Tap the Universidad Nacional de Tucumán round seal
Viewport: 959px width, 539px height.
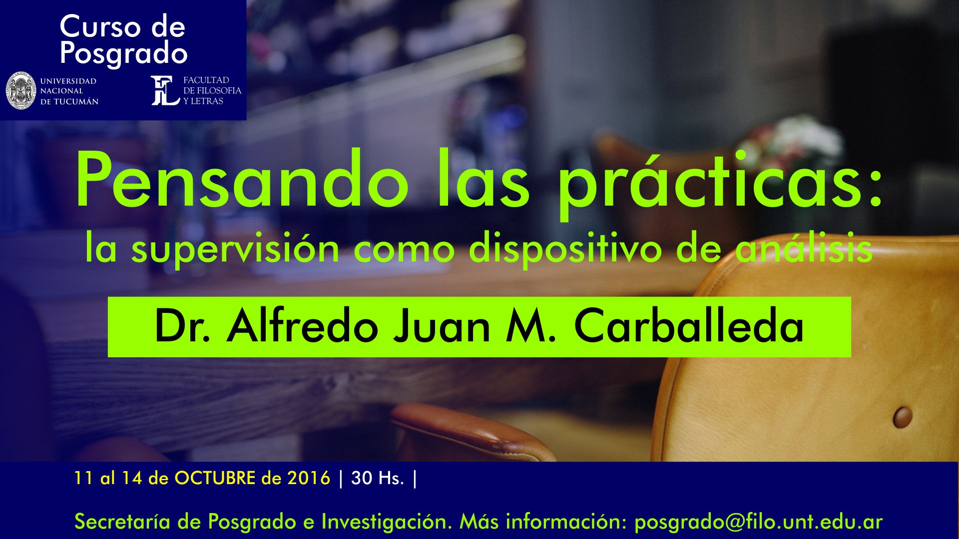pyautogui.click(x=21, y=90)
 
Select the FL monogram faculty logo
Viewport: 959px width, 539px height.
pyautogui.click(x=165, y=90)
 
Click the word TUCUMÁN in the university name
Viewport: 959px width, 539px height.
pyautogui.click(x=76, y=101)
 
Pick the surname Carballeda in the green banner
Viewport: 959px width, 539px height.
pyautogui.click(x=689, y=326)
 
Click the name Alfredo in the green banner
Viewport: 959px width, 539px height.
pyautogui.click(x=302, y=326)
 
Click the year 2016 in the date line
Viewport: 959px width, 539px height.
pyautogui.click(x=309, y=478)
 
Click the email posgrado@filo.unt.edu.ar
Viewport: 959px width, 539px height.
pyautogui.click(x=758, y=522)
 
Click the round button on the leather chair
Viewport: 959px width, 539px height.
pyautogui.click(x=903, y=417)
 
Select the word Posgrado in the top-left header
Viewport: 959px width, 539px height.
pyautogui.click(x=123, y=54)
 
